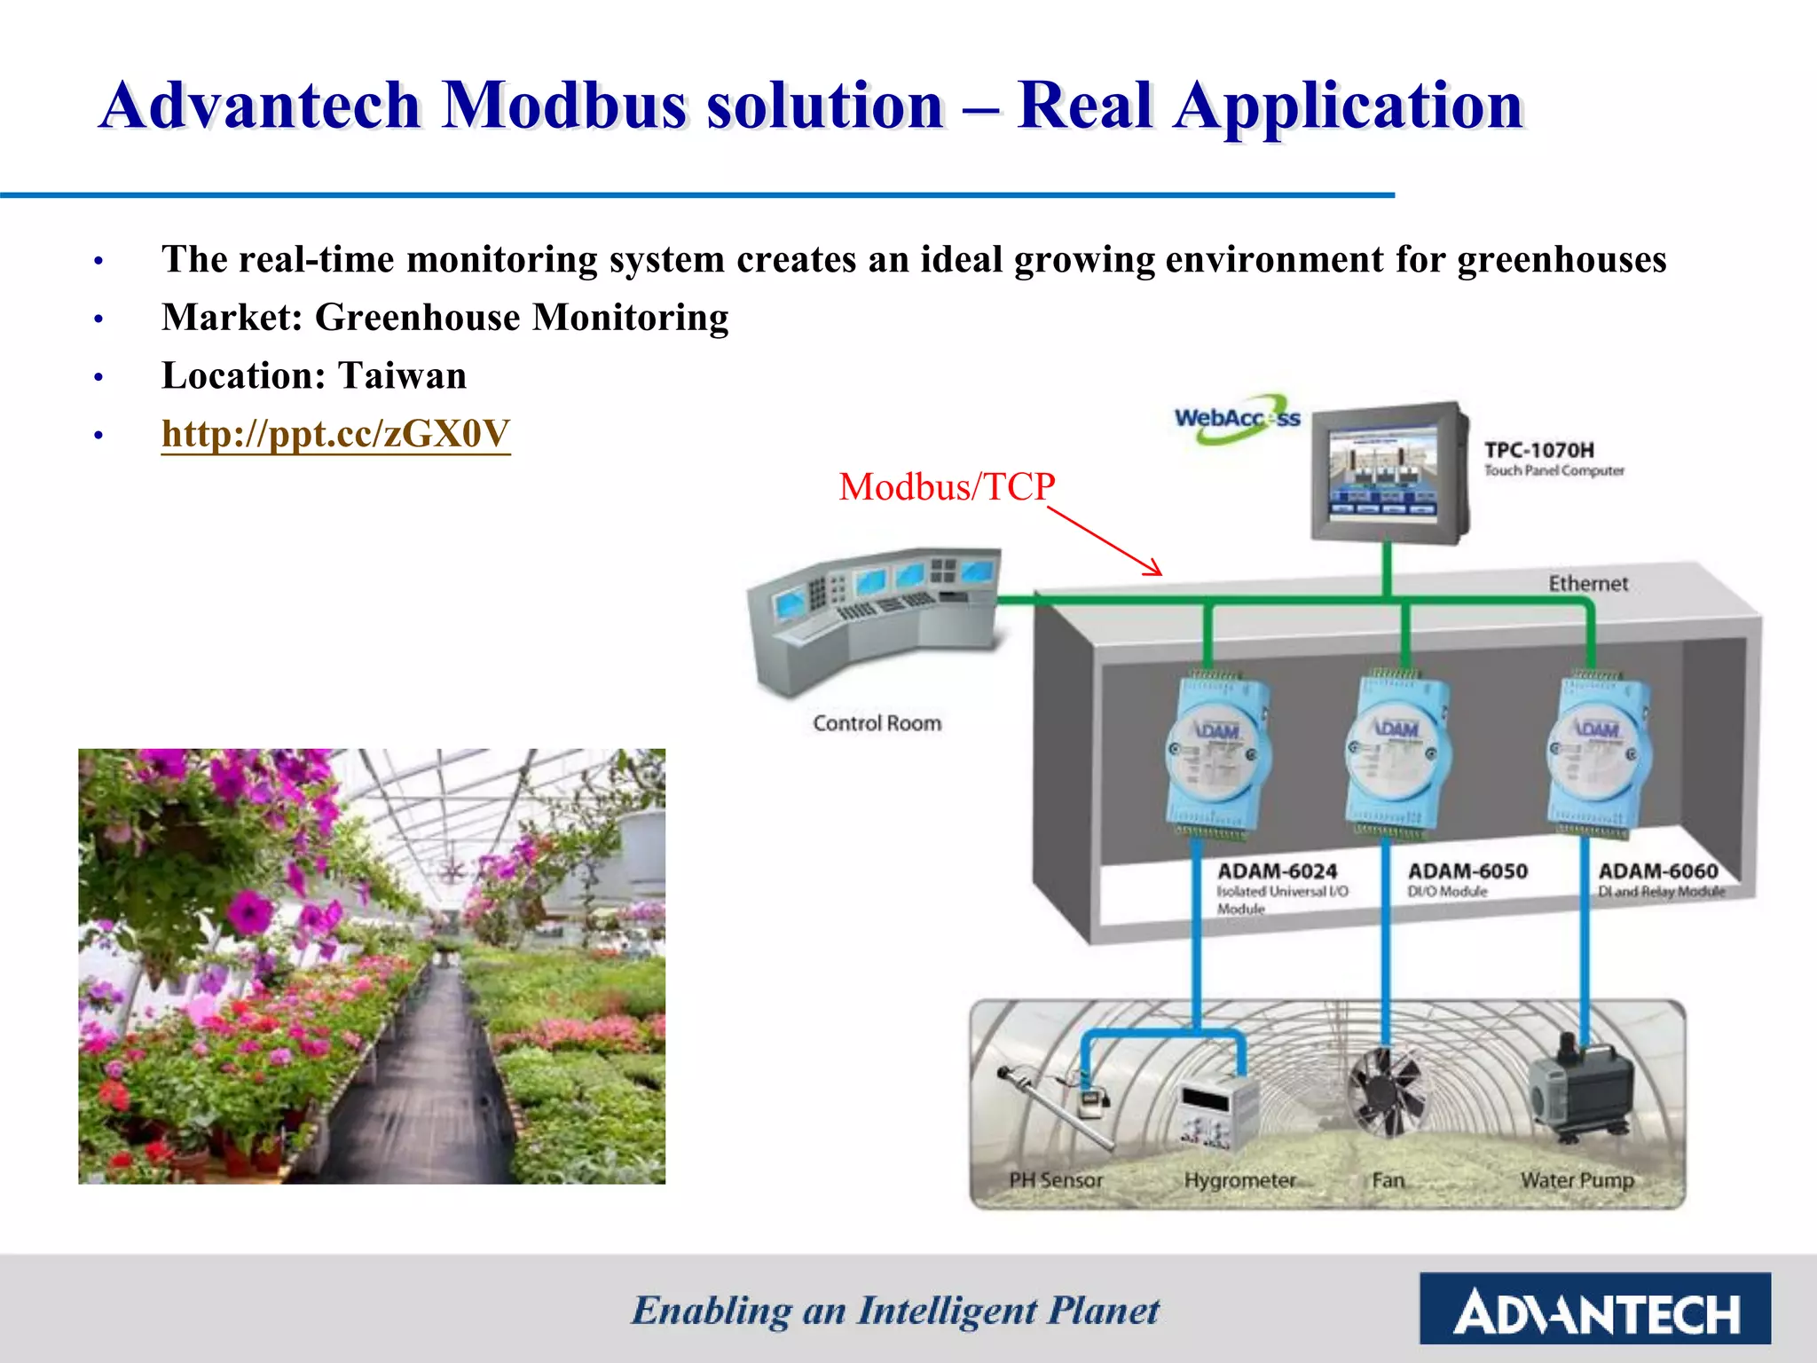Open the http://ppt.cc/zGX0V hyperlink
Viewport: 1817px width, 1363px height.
[335, 434]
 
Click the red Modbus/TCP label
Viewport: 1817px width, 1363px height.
[947, 487]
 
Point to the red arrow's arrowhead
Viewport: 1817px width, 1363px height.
[1155, 571]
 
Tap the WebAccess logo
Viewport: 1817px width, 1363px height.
[1237, 419]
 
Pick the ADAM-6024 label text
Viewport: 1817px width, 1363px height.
[1277, 871]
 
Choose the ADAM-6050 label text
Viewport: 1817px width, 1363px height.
[1467, 871]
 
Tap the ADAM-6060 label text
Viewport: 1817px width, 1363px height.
[1657, 871]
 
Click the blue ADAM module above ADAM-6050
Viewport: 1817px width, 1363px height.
[1397, 754]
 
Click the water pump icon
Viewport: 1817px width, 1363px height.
[1580, 1086]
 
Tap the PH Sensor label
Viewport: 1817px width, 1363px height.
[1056, 1180]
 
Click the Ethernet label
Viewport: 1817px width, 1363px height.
[1588, 584]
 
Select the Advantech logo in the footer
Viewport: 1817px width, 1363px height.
[1594, 1310]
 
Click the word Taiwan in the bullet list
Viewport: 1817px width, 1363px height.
[402, 376]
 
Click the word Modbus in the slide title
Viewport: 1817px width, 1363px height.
[564, 106]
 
